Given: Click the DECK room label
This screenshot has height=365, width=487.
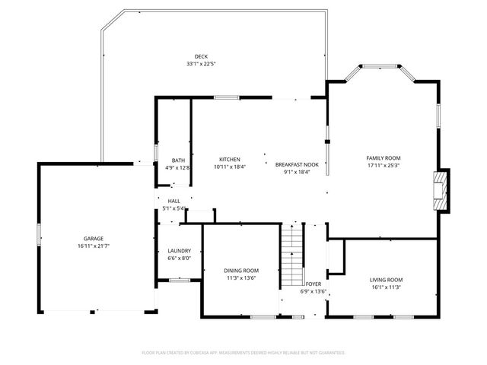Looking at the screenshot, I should pos(201,56).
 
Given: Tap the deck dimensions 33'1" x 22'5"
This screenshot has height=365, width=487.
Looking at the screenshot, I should pos(201,64).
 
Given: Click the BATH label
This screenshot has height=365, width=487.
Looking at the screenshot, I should pos(177,160).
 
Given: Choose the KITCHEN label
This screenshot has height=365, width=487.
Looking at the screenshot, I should pos(230,159).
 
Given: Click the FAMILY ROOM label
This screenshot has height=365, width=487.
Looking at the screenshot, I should pos(384,157).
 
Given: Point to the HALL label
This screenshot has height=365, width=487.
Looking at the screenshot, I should pos(174,201).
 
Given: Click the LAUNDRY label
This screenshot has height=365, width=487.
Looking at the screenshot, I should pos(179,251).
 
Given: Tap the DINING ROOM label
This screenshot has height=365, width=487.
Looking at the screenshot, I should pos(241,271).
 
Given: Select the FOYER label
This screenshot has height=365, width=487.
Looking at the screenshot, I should pos(314,284).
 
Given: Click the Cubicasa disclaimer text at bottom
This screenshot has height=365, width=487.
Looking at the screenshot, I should pos(243,353).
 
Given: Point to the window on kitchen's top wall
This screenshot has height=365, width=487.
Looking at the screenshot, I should pos(226,97).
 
